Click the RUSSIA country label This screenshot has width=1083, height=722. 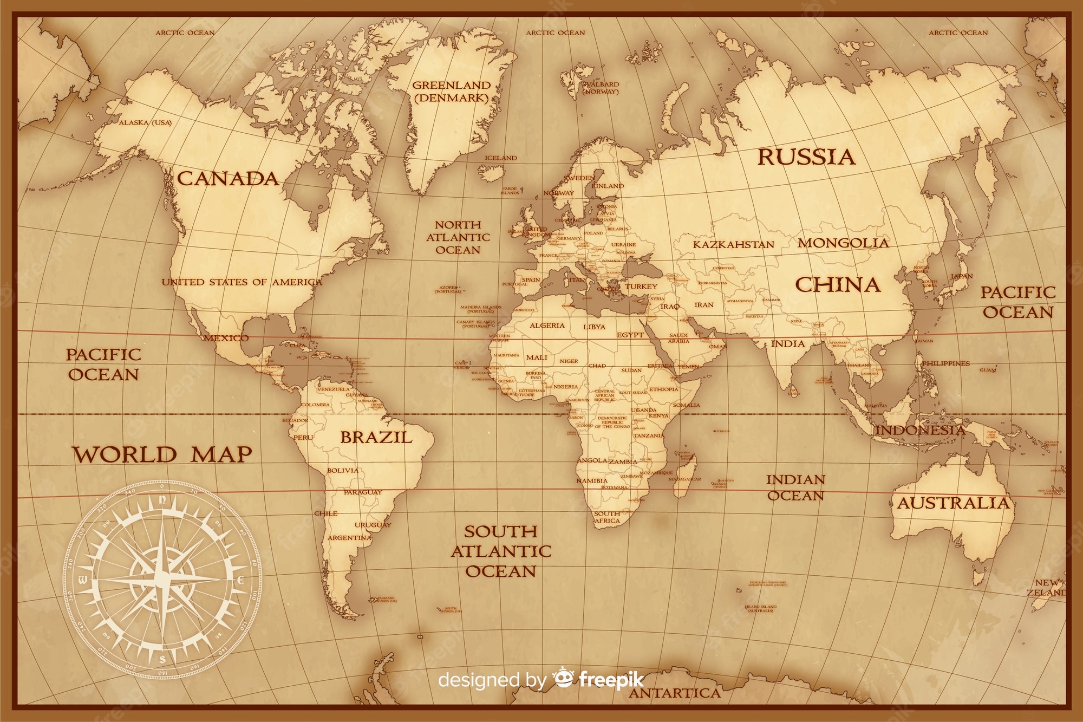pyautogui.click(x=806, y=157)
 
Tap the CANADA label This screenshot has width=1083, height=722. pyautogui.click(x=228, y=179)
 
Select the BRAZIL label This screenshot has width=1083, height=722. pyautogui.click(x=376, y=437)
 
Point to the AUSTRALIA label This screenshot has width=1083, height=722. pyautogui.click(x=954, y=503)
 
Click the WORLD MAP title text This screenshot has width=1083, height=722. pyautogui.click(x=162, y=454)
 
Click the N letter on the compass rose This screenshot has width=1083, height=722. pyautogui.click(x=162, y=501)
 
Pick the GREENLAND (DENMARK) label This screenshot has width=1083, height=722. pyautogui.click(x=451, y=92)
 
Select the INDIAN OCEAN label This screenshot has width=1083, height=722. pyautogui.click(x=795, y=487)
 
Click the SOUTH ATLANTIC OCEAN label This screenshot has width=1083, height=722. pyautogui.click(x=501, y=551)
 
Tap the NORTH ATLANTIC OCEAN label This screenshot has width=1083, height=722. pyautogui.click(x=458, y=237)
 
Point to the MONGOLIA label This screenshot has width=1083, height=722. pyautogui.click(x=843, y=243)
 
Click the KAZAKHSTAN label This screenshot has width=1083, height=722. pyautogui.click(x=734, y=245)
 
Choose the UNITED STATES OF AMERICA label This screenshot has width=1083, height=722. pyautogui.click(x=242, y=282)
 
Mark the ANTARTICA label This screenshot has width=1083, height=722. pyautogui.click(x=675, y=693)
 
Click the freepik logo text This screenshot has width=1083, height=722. pyautogui.click(x=611, y=679)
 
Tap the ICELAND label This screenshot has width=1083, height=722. pyautogui.click(x=501, y=158)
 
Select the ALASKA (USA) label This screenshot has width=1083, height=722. pyautogui.click(x=145, y=123)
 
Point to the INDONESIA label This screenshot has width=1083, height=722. pyautogui.click(x=921, y=431)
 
